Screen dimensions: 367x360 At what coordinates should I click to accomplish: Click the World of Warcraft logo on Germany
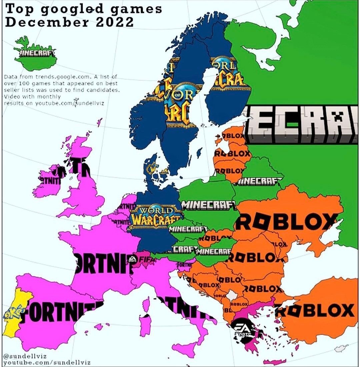click(x=155, y=216)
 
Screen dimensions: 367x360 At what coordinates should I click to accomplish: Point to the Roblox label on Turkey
click(x=317, y=311)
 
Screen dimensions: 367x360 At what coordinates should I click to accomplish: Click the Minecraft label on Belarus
click(x=259, y=181)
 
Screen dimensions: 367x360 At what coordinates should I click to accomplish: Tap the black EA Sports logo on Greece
click(x=243, y=330)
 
